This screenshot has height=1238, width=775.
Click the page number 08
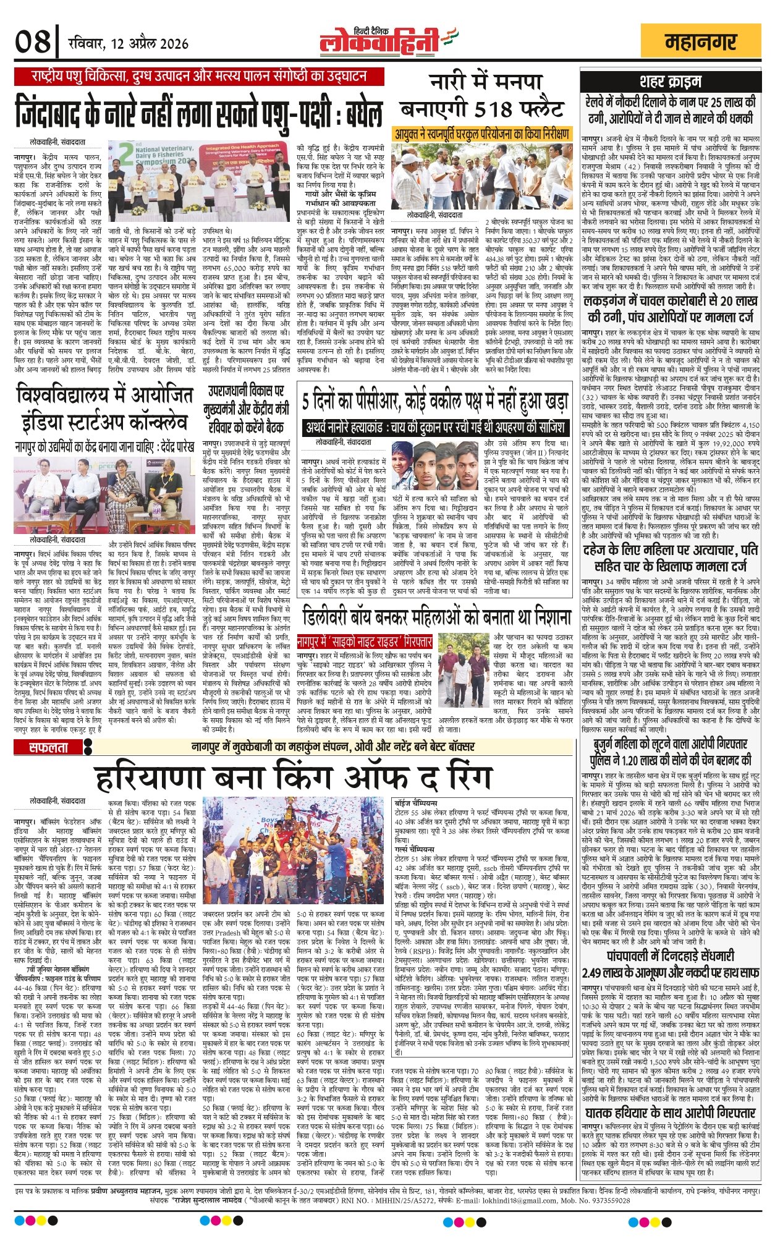pyautogui.click(x=33, y=42)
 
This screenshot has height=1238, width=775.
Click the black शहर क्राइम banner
pyautogui.click(x=670, y=81)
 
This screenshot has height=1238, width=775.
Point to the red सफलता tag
pyautogui.click(x=50, y=747)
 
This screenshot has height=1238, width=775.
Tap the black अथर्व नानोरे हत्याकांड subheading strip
pyautogui.click(x=435, y=428)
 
